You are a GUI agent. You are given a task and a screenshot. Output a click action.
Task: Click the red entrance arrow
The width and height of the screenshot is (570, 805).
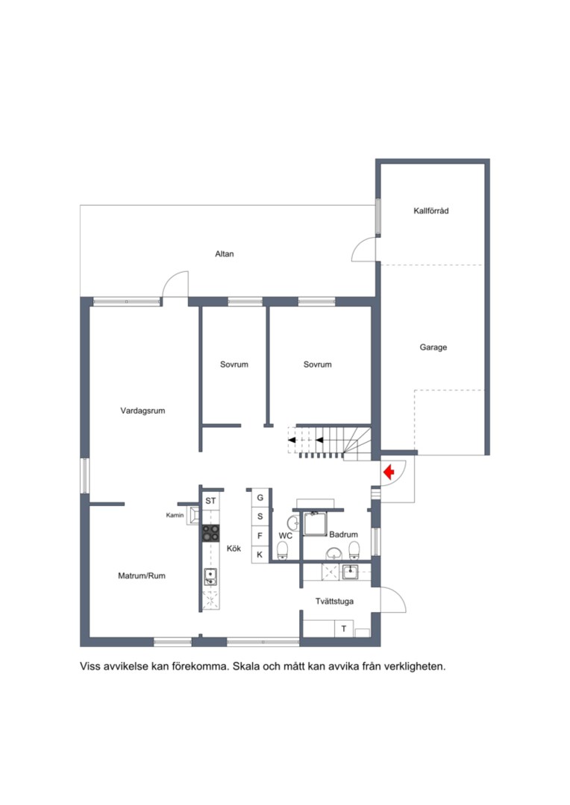coord(389,471)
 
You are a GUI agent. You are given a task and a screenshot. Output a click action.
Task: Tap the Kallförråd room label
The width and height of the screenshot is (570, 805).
coord(430,210)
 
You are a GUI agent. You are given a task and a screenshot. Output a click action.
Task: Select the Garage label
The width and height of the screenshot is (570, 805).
coord(433,347)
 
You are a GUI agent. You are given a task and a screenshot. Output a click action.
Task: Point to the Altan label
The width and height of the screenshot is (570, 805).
coord(225,253)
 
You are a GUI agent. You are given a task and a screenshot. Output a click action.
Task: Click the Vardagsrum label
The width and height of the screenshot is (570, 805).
coord(143,411)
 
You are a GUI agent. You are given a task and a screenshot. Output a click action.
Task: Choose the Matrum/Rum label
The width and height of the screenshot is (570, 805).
coord(142,576)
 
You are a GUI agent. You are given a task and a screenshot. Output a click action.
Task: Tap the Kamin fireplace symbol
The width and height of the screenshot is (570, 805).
coord(194,516)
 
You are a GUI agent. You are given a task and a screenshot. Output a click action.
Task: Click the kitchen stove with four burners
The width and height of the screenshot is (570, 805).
coord(210,533)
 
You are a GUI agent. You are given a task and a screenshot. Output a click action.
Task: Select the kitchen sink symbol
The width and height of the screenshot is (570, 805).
coord(210,576)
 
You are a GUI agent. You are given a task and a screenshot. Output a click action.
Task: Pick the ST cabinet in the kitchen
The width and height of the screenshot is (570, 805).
coord(210,501)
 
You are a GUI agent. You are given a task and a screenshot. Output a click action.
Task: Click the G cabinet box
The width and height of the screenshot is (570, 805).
coord(260,497)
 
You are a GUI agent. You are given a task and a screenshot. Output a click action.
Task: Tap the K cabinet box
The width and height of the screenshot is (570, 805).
coord(260,555)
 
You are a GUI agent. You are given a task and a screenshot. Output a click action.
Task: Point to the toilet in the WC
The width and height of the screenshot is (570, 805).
coord(283,551)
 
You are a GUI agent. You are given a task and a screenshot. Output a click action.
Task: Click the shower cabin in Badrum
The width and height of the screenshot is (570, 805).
coord(314,523)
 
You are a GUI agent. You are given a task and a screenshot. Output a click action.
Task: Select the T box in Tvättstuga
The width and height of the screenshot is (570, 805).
coord(344,628)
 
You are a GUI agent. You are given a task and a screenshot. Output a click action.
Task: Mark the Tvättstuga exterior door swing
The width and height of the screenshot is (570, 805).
coord(393,599)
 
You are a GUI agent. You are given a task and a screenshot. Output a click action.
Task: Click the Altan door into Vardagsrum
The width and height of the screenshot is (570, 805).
coord(175,285)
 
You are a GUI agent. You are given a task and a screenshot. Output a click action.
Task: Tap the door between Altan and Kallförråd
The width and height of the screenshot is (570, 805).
coord(364,250)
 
